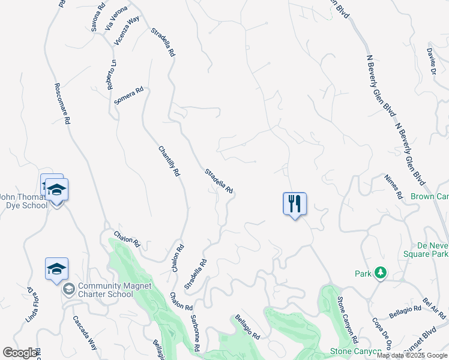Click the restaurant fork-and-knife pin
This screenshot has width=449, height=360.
point(295,203)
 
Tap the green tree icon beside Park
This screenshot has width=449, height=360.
point(380,274)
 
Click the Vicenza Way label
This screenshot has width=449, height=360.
point(127,31)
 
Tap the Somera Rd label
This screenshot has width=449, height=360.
point(129,96)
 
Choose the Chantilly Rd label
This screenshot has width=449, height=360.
point(169,161)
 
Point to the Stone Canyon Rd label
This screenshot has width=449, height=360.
point(347,317)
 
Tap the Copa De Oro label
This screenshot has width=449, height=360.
point(382,334)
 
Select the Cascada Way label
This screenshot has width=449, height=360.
point(85,333)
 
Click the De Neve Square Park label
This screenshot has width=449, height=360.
point(432,250)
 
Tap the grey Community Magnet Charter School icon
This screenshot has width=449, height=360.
point(68,290)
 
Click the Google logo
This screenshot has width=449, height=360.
point(20,353)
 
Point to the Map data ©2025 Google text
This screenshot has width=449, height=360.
point(412,355)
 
